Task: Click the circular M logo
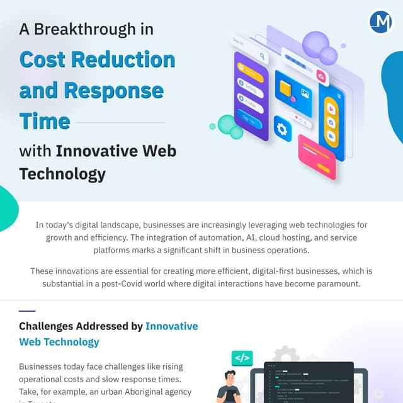[381, 22]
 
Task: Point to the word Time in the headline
[44, 120]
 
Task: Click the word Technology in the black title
[62, 174]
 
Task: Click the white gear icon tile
[282, 130]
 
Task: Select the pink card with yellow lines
[317, 156]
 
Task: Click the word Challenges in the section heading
[46, 326]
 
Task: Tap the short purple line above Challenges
[27, 311]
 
